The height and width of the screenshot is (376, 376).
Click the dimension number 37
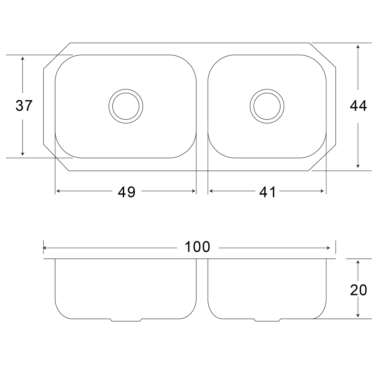pos(24,106)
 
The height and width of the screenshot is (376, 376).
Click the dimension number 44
pos(358,106)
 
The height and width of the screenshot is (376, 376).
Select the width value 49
pos(127,192)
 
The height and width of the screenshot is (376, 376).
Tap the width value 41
pos(267,192)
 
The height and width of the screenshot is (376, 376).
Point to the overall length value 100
pos(197,247)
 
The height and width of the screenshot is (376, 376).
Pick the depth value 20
pos(359,290)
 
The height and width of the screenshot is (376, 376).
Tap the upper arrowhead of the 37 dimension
pos(23,58)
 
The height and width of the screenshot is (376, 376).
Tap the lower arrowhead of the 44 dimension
pos(358,166)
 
